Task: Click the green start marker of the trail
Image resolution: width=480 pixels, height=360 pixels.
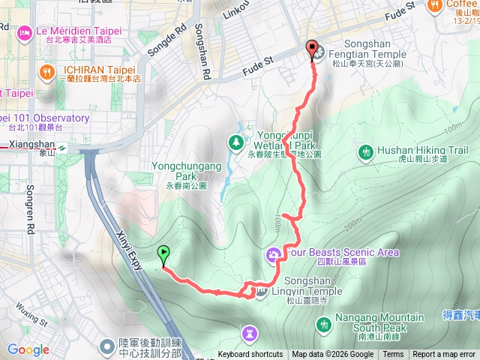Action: coord(163,254)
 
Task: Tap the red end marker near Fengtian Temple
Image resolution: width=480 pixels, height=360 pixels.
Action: coord(312,49)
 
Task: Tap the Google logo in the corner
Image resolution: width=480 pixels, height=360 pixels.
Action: coord(28,349)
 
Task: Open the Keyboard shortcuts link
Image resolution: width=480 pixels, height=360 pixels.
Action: coord(250,355)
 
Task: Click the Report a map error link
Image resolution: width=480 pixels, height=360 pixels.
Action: coord(445,355)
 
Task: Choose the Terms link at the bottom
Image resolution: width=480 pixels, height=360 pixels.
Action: coord(393,355)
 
